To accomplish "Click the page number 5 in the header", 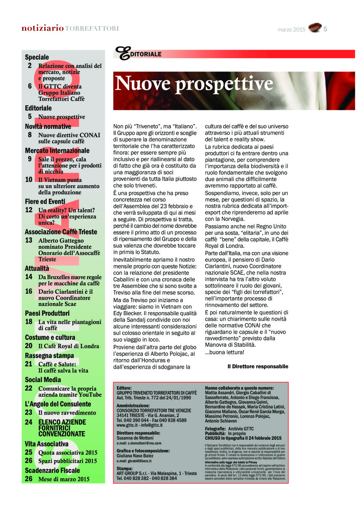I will (326, 29).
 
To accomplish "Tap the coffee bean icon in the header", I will (314, 28).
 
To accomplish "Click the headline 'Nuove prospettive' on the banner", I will (194, 83).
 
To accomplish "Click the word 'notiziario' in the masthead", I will (43, 29).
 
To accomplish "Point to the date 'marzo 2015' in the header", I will (291, 29).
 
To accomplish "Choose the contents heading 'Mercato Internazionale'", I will (57, 150).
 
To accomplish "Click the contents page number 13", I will (29, 240).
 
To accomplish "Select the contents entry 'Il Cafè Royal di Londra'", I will (69, 346).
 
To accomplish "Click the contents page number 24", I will (29, 422).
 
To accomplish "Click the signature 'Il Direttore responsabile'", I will (258, 367).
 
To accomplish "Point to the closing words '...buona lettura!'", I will (224, 352).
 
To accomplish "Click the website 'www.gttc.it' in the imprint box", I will (128, 425).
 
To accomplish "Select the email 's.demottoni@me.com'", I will (139, 443).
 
